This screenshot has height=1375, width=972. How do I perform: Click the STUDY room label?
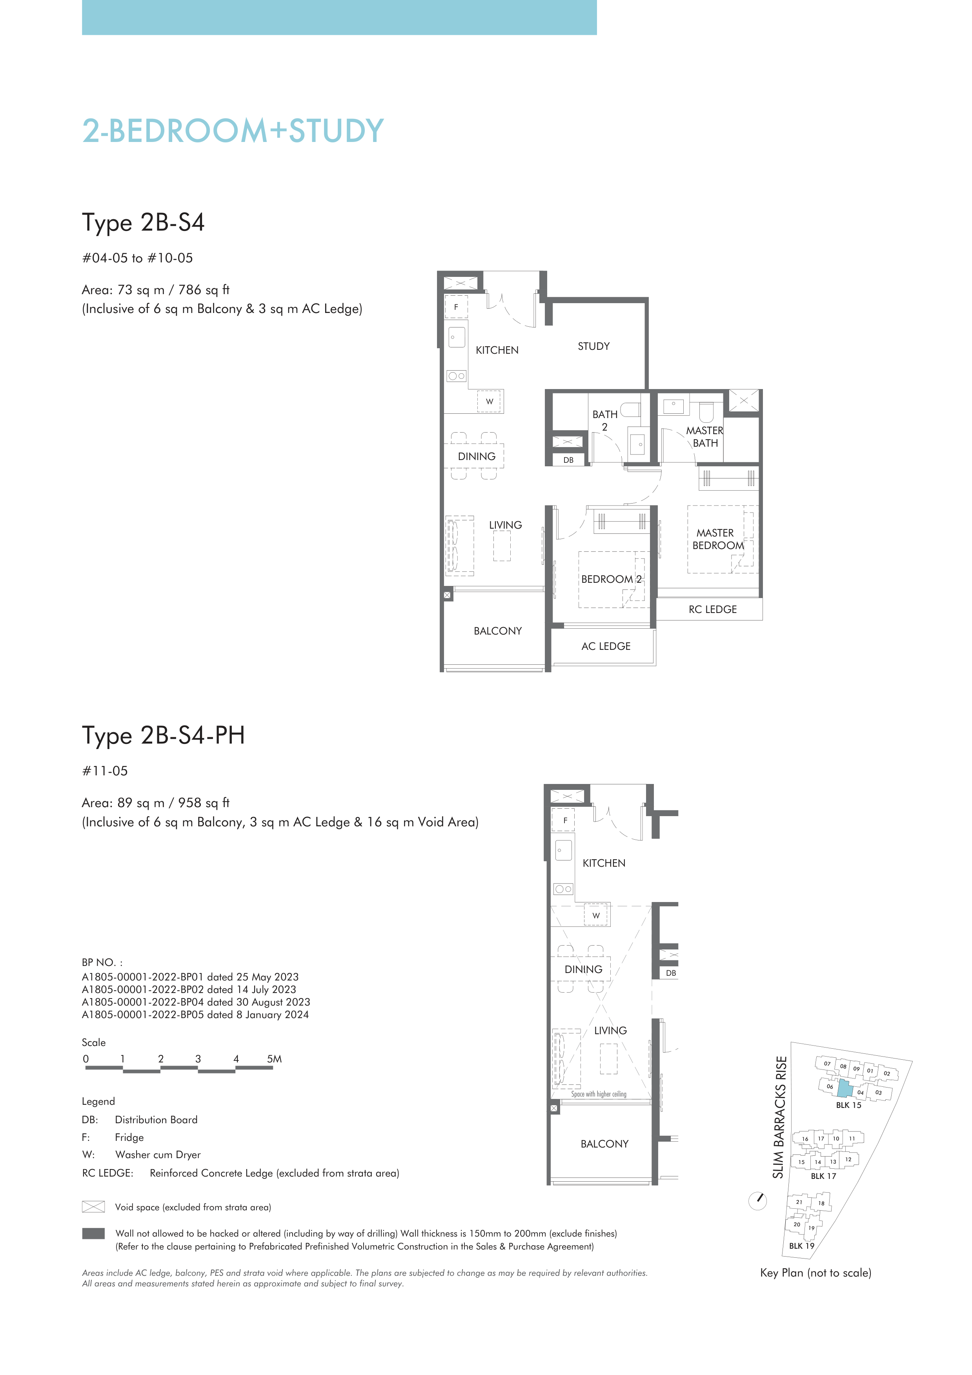(x=593, y=346)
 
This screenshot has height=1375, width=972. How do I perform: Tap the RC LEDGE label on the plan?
(x=713, y=609)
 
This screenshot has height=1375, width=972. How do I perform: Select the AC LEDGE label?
(x=606, y=646)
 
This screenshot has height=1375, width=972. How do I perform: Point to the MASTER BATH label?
(x=705, y=437)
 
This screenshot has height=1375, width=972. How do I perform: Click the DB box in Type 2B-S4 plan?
(x=568, y=460)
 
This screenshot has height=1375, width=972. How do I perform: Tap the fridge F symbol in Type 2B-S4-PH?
(x=565, y=820)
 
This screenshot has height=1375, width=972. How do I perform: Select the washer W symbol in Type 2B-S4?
(x=489, y=401)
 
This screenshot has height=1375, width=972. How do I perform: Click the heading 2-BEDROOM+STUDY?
(x=233, y=131)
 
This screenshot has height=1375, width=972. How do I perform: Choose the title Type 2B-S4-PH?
(x=164, y=735)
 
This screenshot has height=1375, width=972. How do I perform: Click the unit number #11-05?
(x=105, y=771)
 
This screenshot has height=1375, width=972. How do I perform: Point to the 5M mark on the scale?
(x=274, y=1059)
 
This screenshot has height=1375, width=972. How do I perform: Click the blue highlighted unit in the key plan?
(x=845, y=1088)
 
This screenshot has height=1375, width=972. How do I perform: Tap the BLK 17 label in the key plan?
(x=823, y=1176)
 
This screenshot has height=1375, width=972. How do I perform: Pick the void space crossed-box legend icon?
(x=93, y=1207)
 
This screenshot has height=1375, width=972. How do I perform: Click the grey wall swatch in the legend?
(x=93, y=1233)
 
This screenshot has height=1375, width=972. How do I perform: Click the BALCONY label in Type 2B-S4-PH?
(x=604, y=1144)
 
